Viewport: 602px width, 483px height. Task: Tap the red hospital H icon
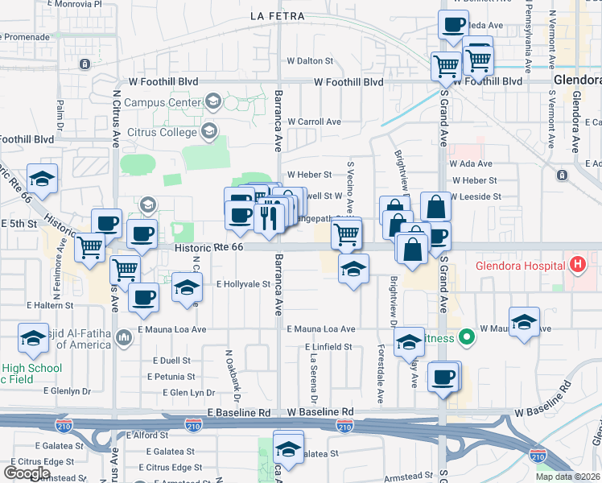[x=576, y=263]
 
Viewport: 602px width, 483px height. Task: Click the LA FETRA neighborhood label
[x=278, y=16]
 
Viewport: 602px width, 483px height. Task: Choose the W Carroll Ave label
[x=315, y=122]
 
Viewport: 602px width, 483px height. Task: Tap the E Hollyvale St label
[x=243, y=284]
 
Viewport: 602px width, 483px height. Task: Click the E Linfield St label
[x=328, y=347]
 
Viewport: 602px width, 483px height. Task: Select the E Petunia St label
[x=171, y=376]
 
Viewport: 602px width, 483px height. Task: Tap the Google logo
[x=27, y=473]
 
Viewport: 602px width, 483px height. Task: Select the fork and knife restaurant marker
[x=269, y=217]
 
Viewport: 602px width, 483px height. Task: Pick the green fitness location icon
[x=465, y=337]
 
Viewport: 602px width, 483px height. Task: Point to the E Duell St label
[x=168, y=361]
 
